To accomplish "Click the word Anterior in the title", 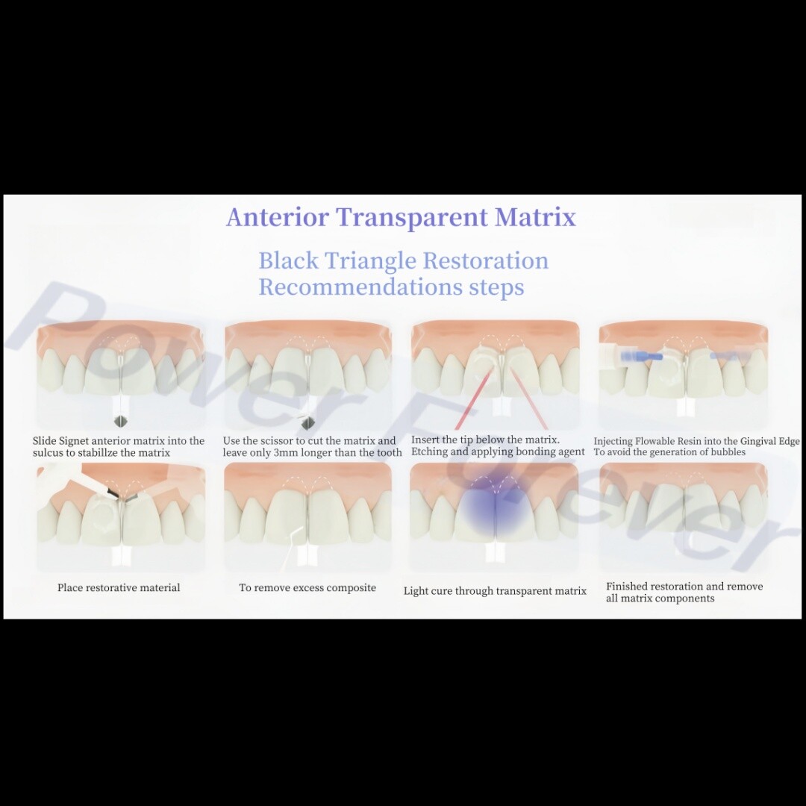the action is [x=278, y=217].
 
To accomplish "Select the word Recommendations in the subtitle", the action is [x=360, y=287].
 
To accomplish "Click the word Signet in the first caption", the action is [x=73, y=441].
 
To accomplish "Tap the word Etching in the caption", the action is [x=429, y=452].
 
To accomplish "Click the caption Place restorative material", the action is [x=119, y=587].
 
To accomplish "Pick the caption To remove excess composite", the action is [x=307, y=587].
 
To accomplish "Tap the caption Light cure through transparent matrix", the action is [x=495, y=591].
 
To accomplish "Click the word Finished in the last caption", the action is [x=625, y=586].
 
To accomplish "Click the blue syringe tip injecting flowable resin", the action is [x=641, y=356].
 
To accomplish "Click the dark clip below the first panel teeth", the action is [x=121, y=421].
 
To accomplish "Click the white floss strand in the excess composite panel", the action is [x=289, y=548].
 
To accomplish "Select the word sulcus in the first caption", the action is [x=47, y=453].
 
